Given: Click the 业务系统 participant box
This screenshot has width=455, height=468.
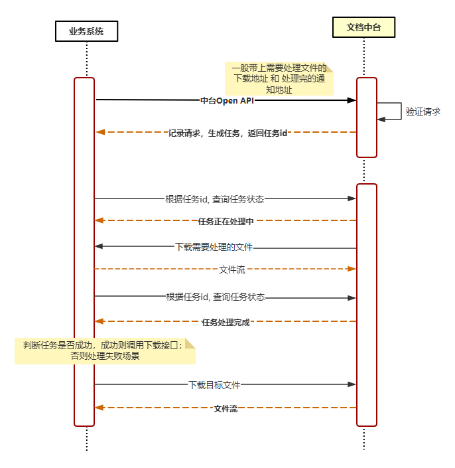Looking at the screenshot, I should click(86, 32).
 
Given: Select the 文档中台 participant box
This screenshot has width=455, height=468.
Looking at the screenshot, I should click(363, 27).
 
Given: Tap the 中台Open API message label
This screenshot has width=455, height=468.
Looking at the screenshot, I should click(227, 101).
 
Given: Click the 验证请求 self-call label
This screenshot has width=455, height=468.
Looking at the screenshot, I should click(423, 112).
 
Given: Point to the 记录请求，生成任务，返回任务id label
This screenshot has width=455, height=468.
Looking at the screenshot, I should click(227, 133).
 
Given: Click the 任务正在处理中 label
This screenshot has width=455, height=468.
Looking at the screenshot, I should click(226, 220).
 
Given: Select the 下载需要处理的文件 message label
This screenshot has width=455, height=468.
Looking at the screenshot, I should click(214, 247).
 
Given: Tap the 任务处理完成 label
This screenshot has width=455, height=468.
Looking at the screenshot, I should click(226, 322).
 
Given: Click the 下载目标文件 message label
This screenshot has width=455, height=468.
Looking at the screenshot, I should click(214, 384).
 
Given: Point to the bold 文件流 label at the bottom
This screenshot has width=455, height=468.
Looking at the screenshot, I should click(226, 408).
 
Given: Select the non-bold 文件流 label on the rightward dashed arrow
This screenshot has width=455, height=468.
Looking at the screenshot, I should click(233, 269).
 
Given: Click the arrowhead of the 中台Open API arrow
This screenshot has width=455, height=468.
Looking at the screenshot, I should click(353, 100).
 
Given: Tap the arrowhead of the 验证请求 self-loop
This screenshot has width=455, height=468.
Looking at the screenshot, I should click(381, 119).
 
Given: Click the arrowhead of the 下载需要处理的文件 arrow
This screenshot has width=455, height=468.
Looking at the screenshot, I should click(99, 246).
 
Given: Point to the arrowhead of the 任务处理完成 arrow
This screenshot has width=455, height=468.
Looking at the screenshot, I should click(99, 321).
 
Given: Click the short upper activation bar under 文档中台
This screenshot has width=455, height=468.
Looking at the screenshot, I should click(367, 117).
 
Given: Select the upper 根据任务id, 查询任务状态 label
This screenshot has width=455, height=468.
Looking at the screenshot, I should click(215, 198).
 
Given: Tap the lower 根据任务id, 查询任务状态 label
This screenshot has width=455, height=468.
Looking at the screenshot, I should click(216, 297).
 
